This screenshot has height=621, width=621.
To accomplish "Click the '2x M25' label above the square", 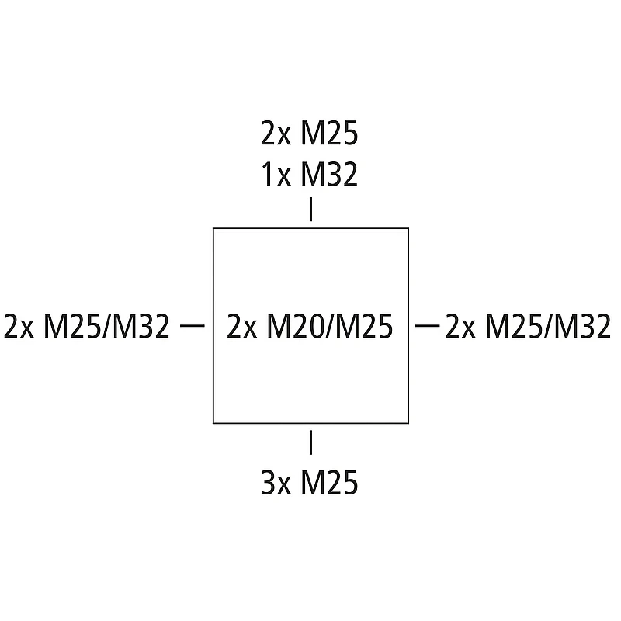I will [x=310, y=135].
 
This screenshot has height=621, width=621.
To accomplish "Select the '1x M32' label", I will [x=310, y=175].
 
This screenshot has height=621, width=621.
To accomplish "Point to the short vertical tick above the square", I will [x=310, y=210].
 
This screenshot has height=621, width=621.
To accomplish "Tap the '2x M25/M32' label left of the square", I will [x=87, y=327].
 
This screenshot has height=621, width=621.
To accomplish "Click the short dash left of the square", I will [x=192, y=326].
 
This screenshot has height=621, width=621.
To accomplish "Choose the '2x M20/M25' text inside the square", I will [x=310, y=327].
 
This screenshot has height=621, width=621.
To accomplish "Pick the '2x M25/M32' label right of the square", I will [x=528, y=327].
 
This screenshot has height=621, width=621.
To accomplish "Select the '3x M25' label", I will [x=310, y=484].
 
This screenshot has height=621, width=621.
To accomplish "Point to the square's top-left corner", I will [x=213, y=228].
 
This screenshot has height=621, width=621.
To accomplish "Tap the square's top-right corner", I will [x=408, y=228].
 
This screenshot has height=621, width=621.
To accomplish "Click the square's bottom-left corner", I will [x=213, y=423].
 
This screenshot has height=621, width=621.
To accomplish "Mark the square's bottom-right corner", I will [x=408, y=423].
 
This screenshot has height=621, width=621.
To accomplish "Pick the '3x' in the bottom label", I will [x=275, y=484].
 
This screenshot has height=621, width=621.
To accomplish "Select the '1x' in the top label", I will [x=275, y=175].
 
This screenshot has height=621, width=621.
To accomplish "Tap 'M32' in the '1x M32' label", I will [x=329, y=175].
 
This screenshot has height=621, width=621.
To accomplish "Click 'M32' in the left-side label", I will [x=141, y=327].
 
